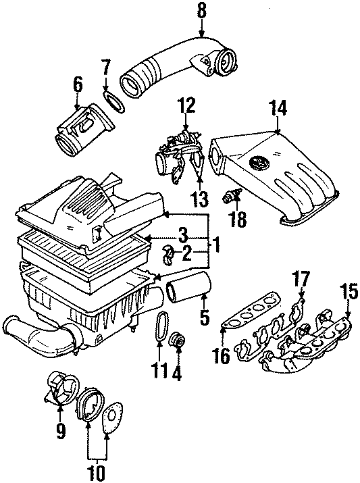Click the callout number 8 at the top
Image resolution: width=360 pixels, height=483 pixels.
click(201, 11)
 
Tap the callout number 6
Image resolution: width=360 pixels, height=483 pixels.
click(78, 84)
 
